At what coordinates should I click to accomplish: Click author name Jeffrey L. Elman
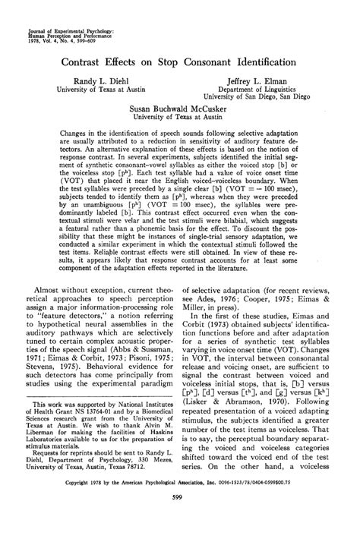(x=261, y=79)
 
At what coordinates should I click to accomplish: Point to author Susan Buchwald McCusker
(x=179, y=109)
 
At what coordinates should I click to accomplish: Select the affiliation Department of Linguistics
(x=261, y=88)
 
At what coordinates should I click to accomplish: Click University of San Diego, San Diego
(x=261, y=97)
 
